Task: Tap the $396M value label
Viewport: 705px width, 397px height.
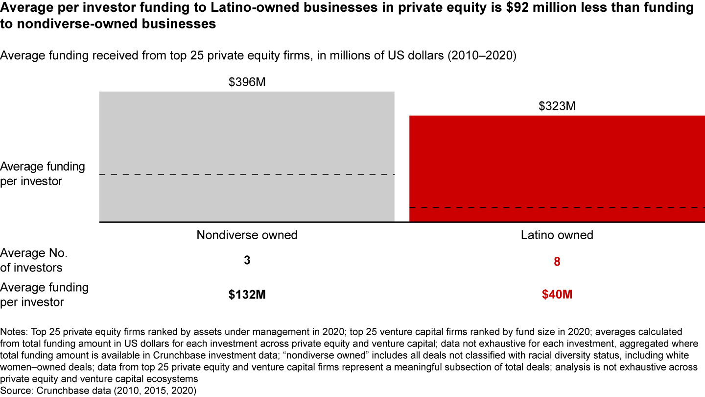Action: pyautogui.click(x=247, y=82)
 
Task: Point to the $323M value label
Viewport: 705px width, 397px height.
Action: pyautogui.click(x=557, y=106)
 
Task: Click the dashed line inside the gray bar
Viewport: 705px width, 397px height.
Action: pyautogui.click(x=247, y=174)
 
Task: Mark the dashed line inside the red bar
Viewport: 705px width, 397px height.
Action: pyautogui.click(x=557, y=208)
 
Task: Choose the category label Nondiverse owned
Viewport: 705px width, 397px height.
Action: pyautogui.click(x=247, y=235)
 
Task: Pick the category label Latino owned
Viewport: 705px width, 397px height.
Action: pyautogui.click(x=557, y=235)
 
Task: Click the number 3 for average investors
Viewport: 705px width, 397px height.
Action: pyautogui.click(x=247, y=261)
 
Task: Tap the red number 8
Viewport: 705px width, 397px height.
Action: pyautogui.click(x=557, y=262)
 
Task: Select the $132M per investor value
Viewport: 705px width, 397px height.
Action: pyautogui.click(x=247, y=295)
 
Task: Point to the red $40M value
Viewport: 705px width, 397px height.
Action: pyautogui.click(x=557, y=295)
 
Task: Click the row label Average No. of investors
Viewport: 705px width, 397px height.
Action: pyautogui.click(x=33, y=260)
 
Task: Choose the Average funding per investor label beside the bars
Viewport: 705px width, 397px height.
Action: pyautogui.click(x=42, y=174)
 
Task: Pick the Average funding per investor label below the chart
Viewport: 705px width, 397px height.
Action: pyautogui.click(x=44, y=295)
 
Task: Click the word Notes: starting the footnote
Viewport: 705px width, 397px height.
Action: pyautogui.click(x=14, y=332)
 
